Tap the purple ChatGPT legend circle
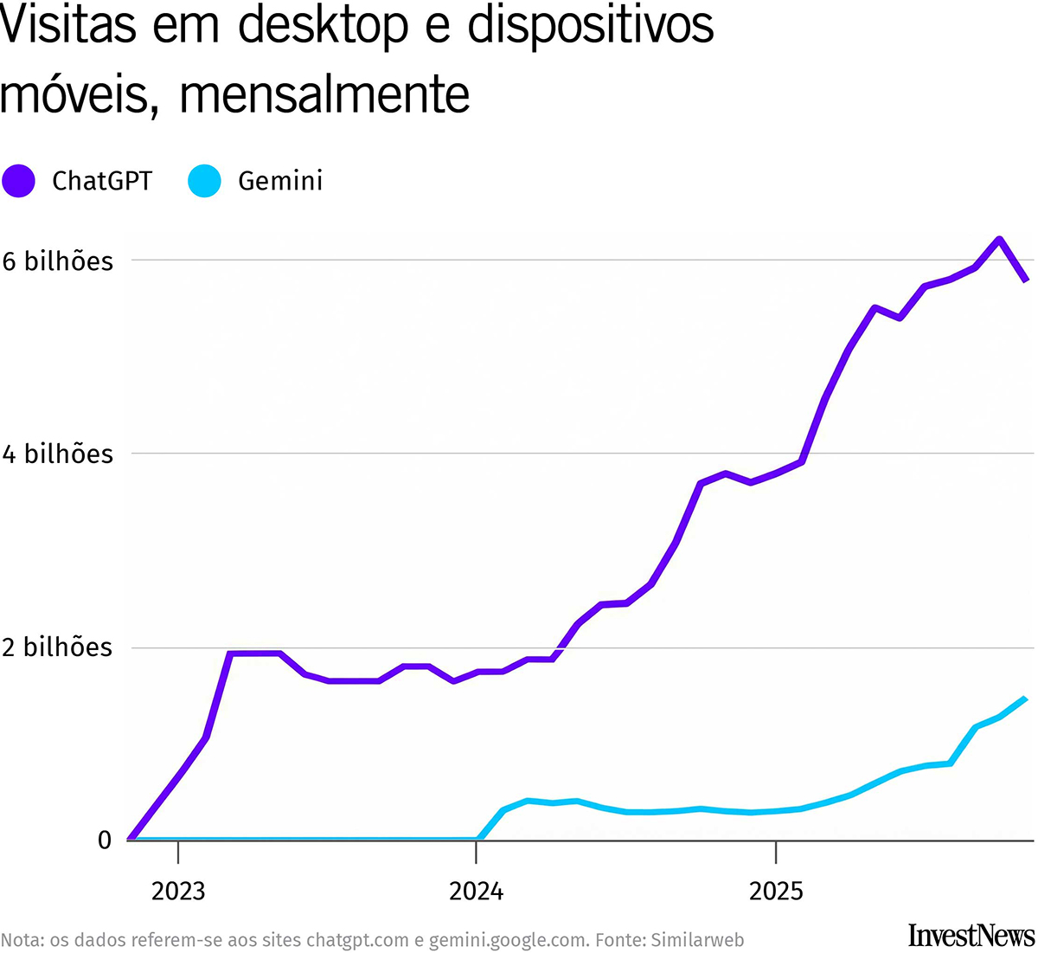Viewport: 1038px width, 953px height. [18, 181]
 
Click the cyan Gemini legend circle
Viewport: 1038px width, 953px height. [204, 181]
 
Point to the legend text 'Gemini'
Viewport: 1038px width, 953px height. [280, 181]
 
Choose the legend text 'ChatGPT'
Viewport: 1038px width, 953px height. [102, 181]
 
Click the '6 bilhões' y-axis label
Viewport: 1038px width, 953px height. [58, 261]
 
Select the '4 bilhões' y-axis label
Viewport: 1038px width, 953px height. [58, 454]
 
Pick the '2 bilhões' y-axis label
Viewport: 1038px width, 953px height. [58, 647]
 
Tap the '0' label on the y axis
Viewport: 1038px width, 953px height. [105, 840]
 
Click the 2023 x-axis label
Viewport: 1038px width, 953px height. [178, 891]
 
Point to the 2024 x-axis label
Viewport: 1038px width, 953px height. [476, 891]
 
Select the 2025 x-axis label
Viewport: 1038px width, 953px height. [776, 891]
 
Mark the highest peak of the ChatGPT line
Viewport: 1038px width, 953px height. [999, 240]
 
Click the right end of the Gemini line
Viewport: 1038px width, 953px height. [1025, 699]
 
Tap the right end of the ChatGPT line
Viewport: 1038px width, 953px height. [1026, 280]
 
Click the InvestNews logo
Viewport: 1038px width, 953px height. [971, 935]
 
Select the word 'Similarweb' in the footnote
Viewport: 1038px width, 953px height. [697, 940]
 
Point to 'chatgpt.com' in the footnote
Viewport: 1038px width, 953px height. [357, 940]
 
